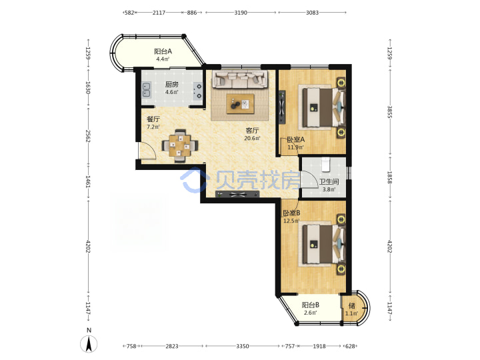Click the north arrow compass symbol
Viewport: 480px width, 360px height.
(x=89, y=344)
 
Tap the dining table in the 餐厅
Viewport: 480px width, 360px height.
(x=180, y=146)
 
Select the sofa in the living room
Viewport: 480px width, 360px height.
(x=240, y=79)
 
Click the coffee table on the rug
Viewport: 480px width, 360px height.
(x=240, y=104)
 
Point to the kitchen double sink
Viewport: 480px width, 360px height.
(x=146, y=89)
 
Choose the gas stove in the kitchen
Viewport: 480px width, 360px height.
(x=198, y=91)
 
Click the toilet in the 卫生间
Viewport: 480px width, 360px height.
(x=326, y=165)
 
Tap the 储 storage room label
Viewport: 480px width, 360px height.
(x=352, y=305)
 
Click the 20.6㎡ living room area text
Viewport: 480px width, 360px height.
(x=252, y=139)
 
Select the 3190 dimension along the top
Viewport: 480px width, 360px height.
(x=241, y=13)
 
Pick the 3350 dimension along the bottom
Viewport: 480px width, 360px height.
(x=242, y=346)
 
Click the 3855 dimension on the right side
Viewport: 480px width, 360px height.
(x=390, y=112)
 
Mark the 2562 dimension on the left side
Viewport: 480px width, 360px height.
(x=88, y=136)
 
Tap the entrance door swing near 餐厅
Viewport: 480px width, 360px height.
(x=147, y=151)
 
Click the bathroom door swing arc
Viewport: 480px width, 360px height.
(x=310, y=180)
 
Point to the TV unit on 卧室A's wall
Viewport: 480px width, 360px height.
(x=282, y=107)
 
